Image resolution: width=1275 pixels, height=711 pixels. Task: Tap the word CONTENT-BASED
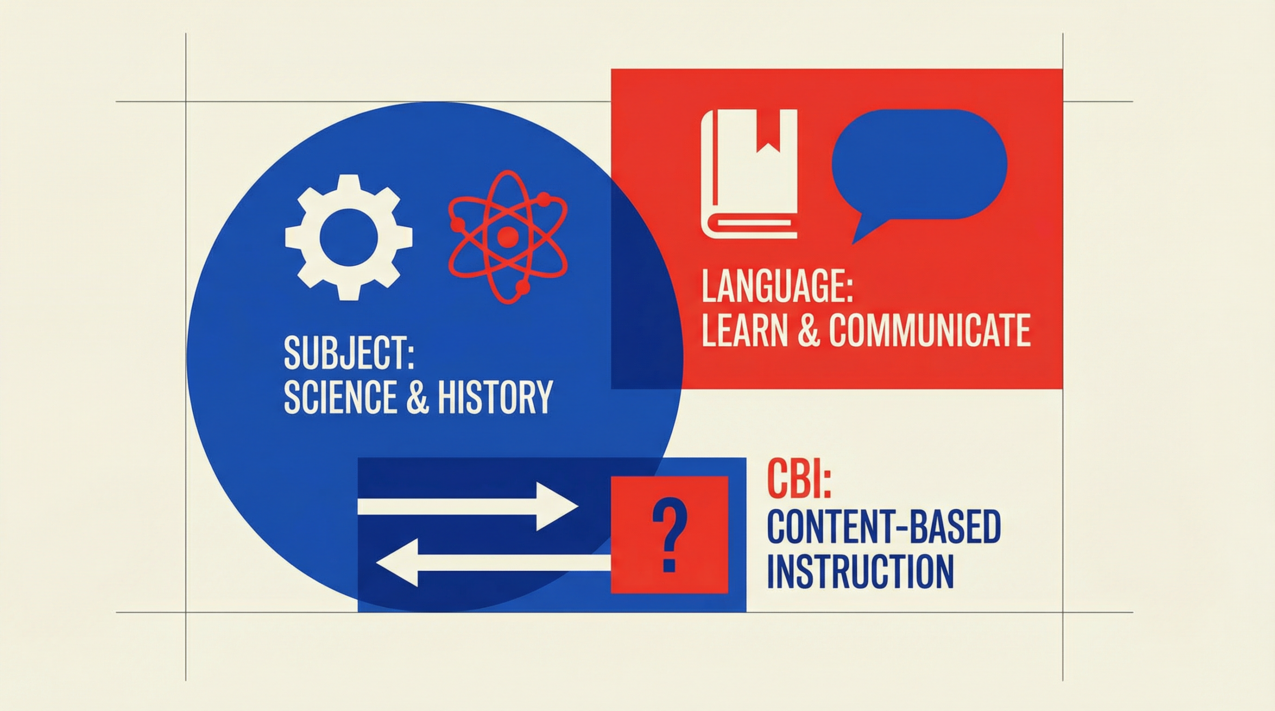884,529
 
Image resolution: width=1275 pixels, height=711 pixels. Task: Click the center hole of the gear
348,237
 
